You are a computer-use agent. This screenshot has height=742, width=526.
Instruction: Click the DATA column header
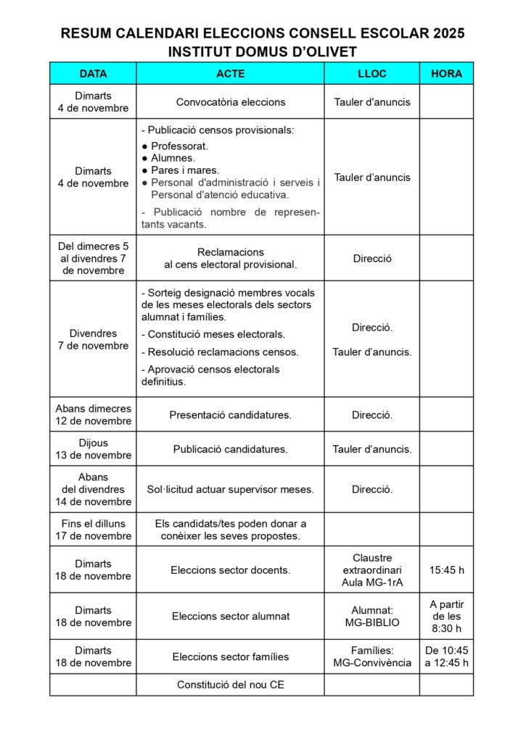tap(93, 74)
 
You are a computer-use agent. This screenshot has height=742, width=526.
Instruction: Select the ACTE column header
tap(230, 74)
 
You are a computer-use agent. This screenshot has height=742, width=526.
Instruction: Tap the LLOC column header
tap(371, 74)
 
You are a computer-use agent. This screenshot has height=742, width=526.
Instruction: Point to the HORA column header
tap(446, 74)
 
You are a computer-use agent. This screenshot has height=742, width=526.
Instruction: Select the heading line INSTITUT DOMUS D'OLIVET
tap(263, 51)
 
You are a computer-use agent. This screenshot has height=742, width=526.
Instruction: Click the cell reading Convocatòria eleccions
tap(230, 102)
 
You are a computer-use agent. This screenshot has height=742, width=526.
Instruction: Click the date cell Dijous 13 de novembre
tap(93, 449)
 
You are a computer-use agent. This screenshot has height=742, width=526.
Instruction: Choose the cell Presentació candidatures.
tap(230, 415)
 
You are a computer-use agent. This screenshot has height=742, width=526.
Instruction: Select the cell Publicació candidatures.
tap(230, 449)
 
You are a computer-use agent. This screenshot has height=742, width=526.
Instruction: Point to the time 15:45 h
tap(446, 570)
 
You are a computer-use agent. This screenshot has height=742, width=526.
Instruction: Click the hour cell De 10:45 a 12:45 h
tap(446, 656)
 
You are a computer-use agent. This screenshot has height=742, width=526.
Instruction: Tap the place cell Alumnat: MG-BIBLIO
tap(371, 617)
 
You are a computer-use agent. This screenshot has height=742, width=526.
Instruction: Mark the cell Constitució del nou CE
tap(230, 685)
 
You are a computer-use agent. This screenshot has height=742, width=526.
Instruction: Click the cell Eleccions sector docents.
tap(230, 570)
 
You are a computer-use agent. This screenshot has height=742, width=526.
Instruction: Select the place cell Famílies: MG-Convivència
tap(371, 656)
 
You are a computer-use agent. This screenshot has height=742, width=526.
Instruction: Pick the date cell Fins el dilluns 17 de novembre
tap(93, 530)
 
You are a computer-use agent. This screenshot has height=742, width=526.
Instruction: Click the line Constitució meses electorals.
tap(215, 335)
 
